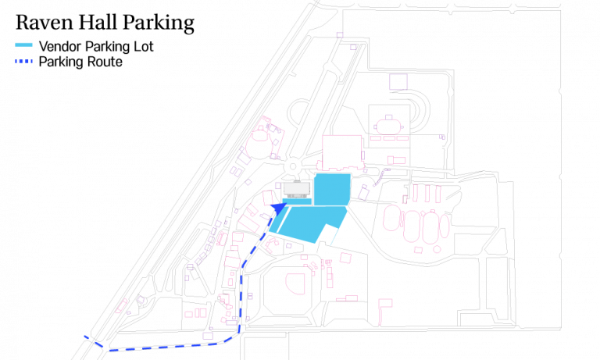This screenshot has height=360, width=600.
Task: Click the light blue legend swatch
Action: pos(23,45)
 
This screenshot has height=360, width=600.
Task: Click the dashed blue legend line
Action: pos(23,61)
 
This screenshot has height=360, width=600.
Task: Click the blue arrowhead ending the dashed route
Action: pos(278,209)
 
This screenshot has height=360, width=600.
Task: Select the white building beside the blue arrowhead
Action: pos(297,188)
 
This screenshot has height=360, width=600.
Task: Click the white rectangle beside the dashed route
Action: pos(232,262)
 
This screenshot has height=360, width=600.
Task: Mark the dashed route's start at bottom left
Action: pos(86,337)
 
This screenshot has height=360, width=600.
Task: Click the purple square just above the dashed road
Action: pos(208,336)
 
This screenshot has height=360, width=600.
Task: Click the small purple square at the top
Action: pos(339,35)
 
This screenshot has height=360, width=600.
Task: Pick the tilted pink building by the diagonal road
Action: pos(122,306)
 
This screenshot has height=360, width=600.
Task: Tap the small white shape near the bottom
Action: pos(224,298)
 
